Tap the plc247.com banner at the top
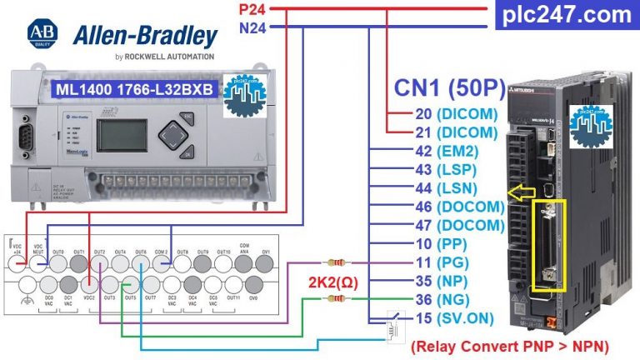(x=567, y=14)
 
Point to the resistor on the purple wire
(x=337, y=262)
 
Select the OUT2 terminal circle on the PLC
(x=100, y=262)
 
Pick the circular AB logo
(x=42, y=34)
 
